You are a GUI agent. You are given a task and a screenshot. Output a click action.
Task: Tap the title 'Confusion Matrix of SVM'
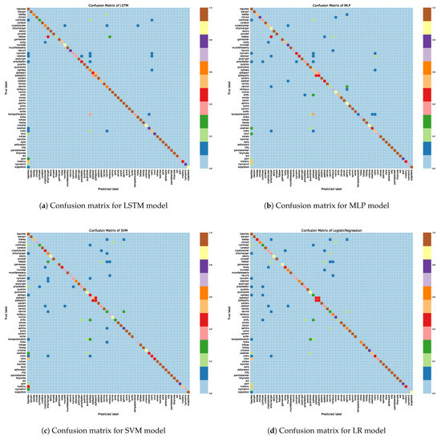[107, 228]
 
